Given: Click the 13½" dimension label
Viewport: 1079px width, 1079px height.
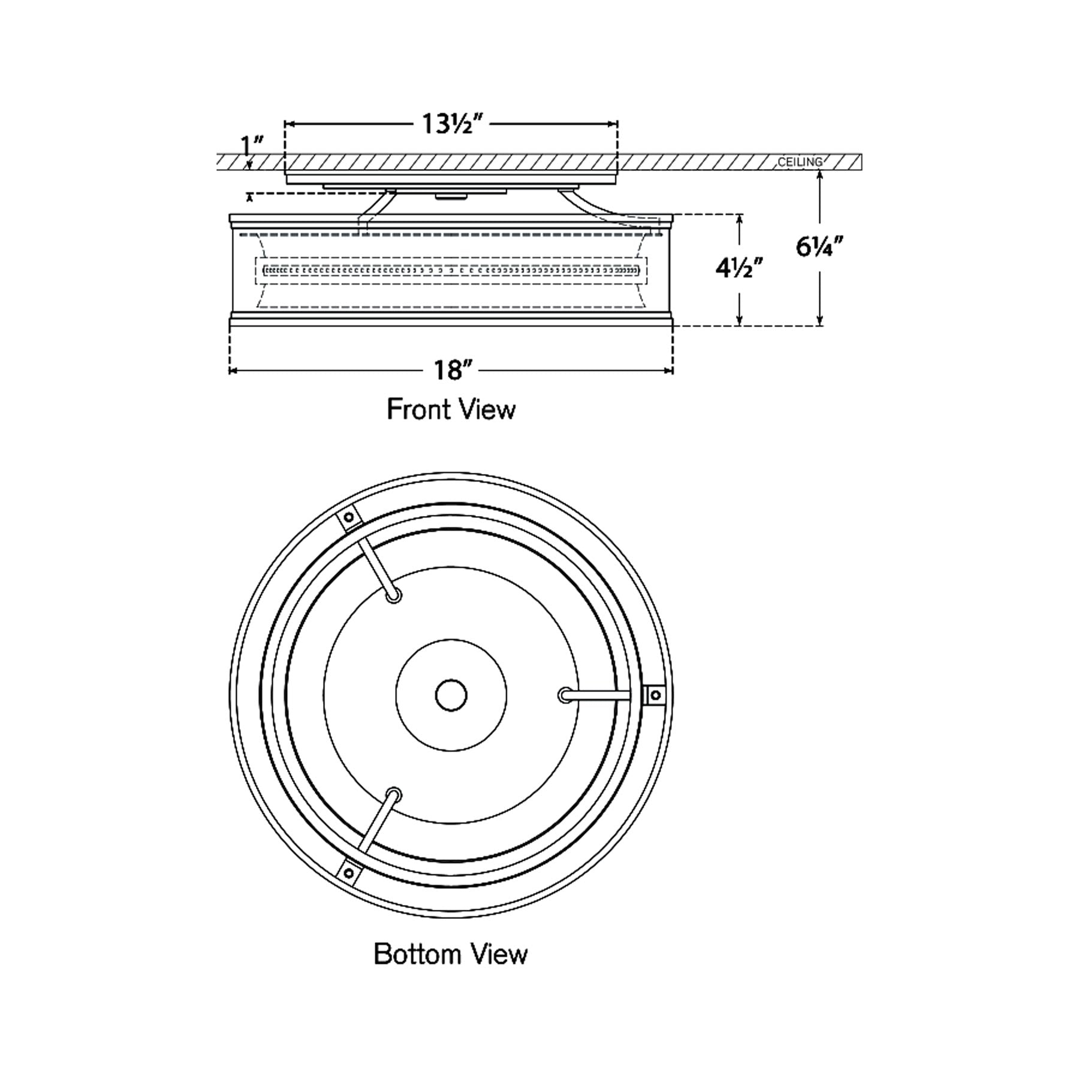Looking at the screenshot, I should (452, 125).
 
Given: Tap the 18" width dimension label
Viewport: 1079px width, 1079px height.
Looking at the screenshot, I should (450, 370).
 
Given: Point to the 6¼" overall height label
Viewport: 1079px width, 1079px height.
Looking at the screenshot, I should (819, 246).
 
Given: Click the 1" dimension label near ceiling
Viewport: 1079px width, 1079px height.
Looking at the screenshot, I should (252, 146).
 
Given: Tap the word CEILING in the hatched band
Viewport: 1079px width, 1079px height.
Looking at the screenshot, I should (800, 162).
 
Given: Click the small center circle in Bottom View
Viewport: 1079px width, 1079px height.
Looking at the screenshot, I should (451, 695).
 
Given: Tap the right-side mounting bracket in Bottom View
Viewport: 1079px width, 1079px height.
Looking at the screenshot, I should (654, 695).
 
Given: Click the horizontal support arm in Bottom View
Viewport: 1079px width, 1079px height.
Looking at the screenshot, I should (596, 695).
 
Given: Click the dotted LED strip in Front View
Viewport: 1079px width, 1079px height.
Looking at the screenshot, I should (451, 271).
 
